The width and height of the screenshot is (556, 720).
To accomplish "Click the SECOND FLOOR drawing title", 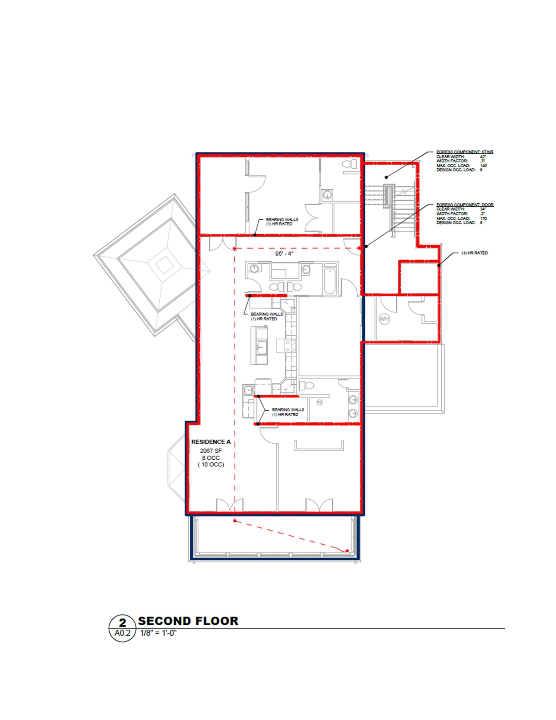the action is tap(188, 621).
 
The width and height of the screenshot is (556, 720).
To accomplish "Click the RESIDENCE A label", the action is tap(211, 442).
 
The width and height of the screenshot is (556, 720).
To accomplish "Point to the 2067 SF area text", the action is tap(211, 451).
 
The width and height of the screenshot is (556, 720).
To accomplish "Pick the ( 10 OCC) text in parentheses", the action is tap(211, 465).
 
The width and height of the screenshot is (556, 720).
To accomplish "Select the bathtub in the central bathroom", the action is tap(330, 282).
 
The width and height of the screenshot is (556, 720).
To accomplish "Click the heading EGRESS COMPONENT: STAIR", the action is tap(465, 152).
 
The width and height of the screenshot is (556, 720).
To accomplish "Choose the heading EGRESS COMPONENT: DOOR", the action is tap(465, 205).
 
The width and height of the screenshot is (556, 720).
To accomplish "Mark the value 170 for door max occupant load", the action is tap(484, 218).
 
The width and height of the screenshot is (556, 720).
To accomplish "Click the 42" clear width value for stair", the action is tap(483, 157).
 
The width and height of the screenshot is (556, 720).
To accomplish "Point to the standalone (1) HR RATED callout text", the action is tap(474, 253).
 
